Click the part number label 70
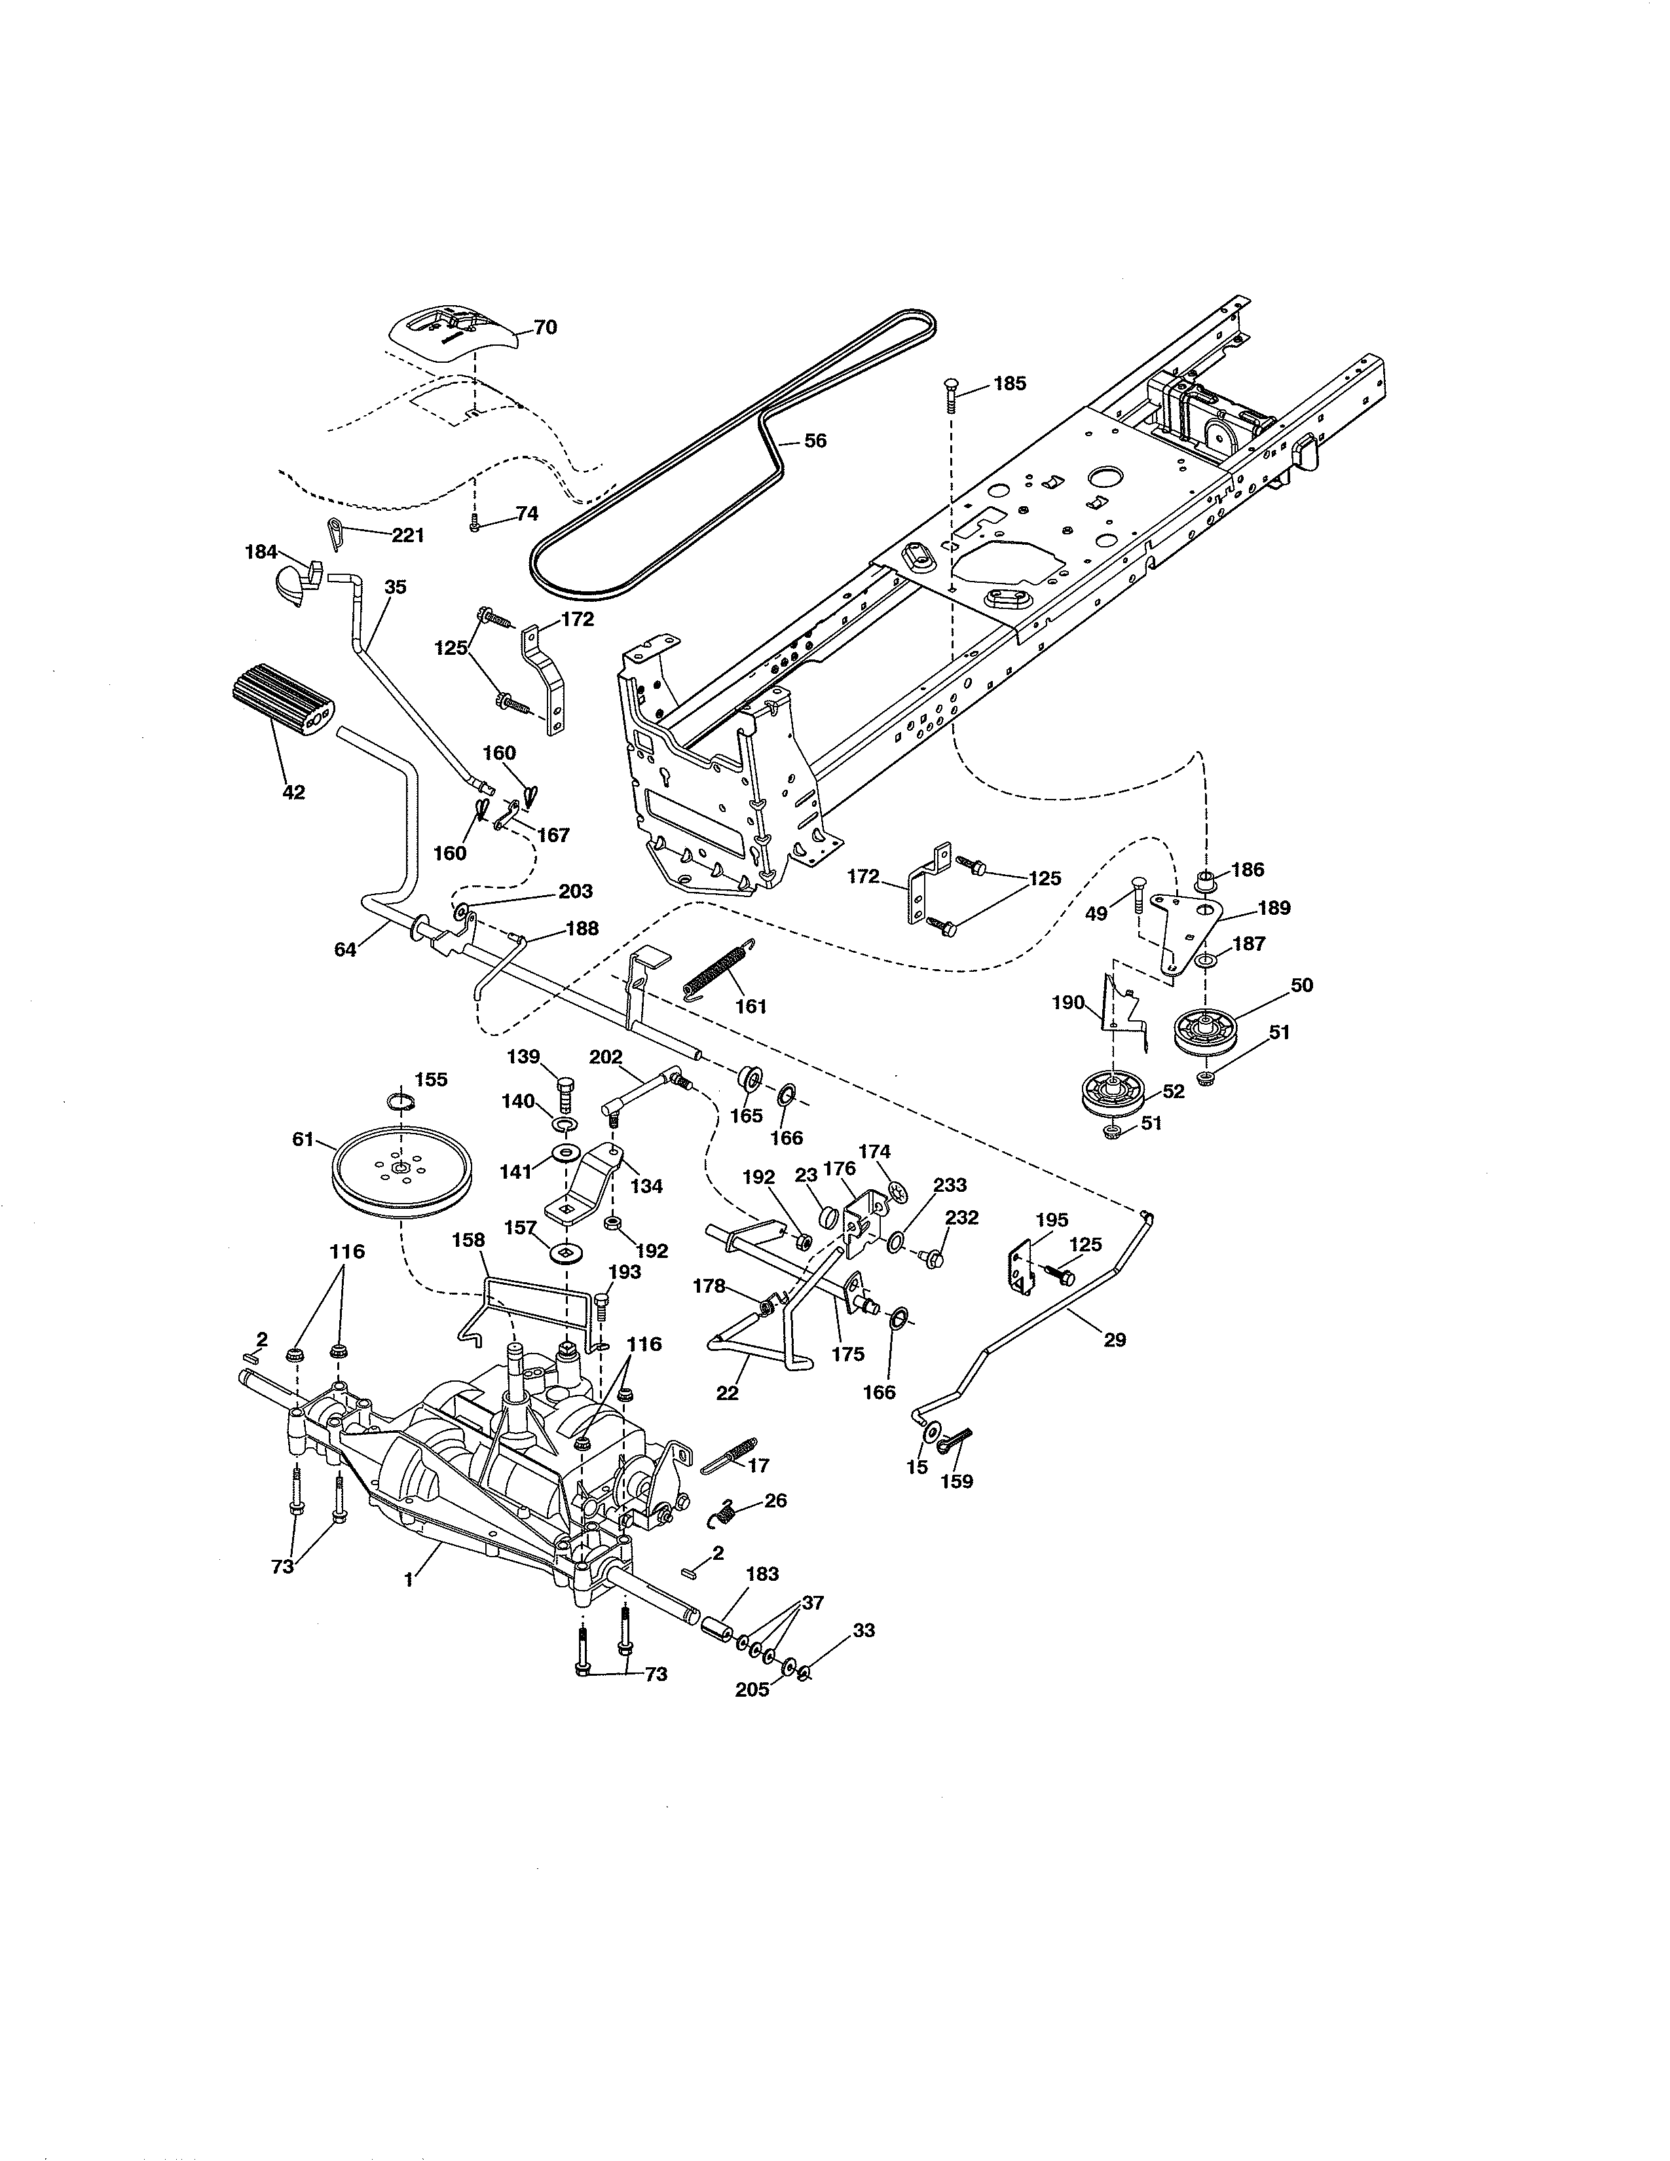545,327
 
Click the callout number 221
407,535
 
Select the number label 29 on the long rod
1114,1340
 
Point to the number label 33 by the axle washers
863,1630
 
